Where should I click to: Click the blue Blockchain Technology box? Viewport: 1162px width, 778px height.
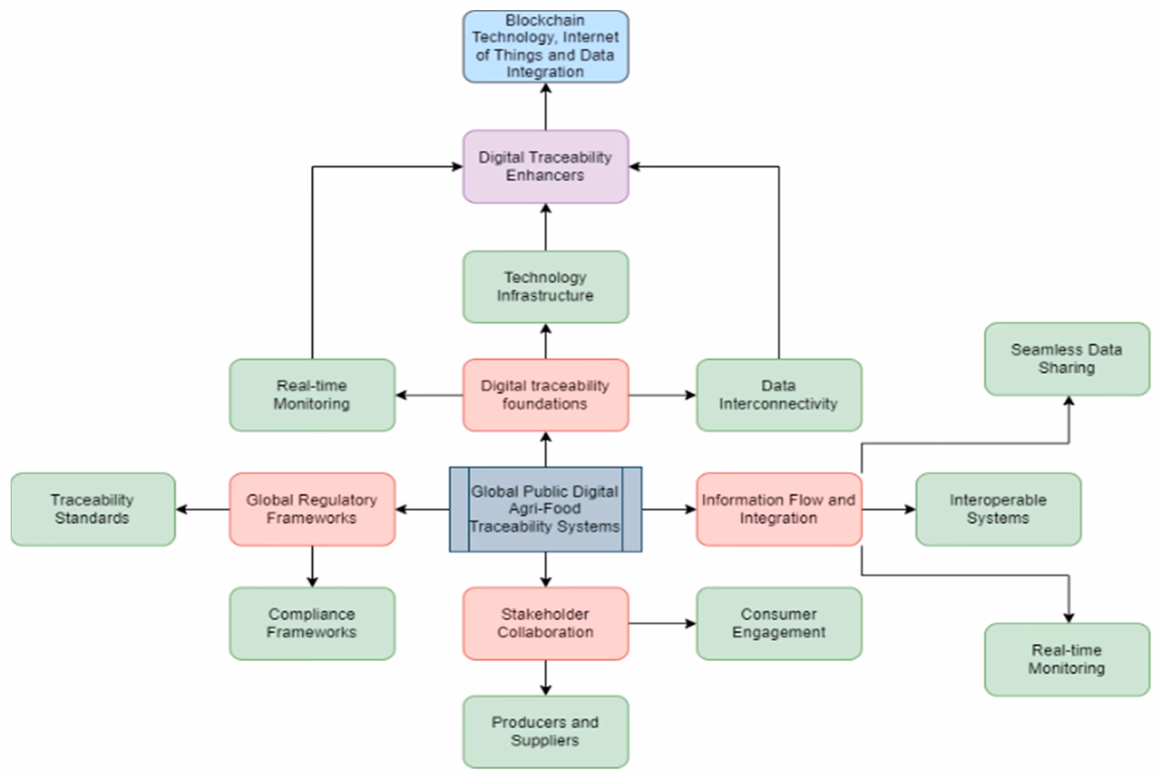pos(545,47)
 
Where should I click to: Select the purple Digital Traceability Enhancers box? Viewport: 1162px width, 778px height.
pos(545,166)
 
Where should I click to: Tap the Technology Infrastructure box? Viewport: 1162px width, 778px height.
pos(545,287)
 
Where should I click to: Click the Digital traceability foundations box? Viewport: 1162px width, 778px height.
pos(545,395)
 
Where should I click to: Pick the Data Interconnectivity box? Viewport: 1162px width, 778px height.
pos(778,395)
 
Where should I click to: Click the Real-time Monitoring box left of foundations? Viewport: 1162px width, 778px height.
pos(312,395)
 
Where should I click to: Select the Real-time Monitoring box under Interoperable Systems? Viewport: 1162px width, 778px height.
pos(1066,659)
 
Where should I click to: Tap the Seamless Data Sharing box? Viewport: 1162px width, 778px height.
pos(1066,359)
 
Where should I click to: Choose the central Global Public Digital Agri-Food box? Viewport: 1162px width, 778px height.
pos(545,509)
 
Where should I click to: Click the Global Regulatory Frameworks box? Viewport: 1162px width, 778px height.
pos(312,509)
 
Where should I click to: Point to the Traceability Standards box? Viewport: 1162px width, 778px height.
pos(93,509)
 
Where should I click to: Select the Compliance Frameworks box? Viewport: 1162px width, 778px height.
pos(312,623)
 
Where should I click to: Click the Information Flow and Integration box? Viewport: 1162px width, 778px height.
pos(778,509)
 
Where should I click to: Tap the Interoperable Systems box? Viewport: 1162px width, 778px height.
pos(997,509)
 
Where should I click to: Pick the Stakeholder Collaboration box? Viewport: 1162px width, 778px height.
pos(545,623)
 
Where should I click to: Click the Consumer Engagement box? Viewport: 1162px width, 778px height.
pos(778,623)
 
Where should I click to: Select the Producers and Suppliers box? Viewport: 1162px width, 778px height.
pos(545,731)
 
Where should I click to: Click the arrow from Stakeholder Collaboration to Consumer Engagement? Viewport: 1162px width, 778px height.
pos(662,623)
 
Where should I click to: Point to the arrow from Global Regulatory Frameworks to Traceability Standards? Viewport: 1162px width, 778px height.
pos(202,509)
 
